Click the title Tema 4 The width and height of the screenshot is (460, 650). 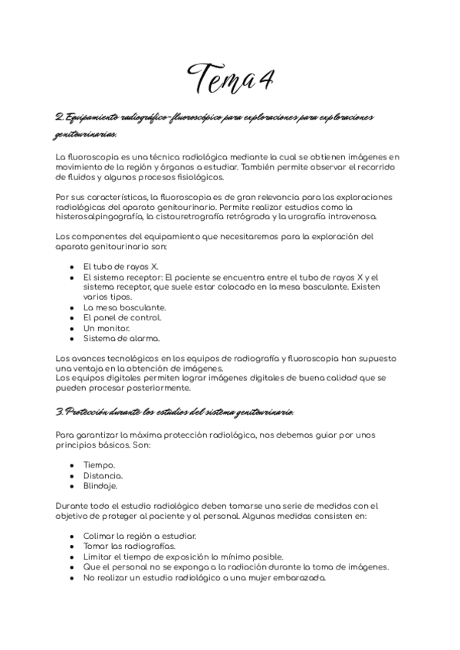231,77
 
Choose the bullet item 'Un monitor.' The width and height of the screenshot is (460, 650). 107,327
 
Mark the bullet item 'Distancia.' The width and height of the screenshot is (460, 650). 103,475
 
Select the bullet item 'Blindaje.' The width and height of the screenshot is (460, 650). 100,485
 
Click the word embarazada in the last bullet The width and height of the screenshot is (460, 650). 297,577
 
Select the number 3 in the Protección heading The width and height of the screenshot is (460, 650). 59,412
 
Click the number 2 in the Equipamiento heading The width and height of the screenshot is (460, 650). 59,117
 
